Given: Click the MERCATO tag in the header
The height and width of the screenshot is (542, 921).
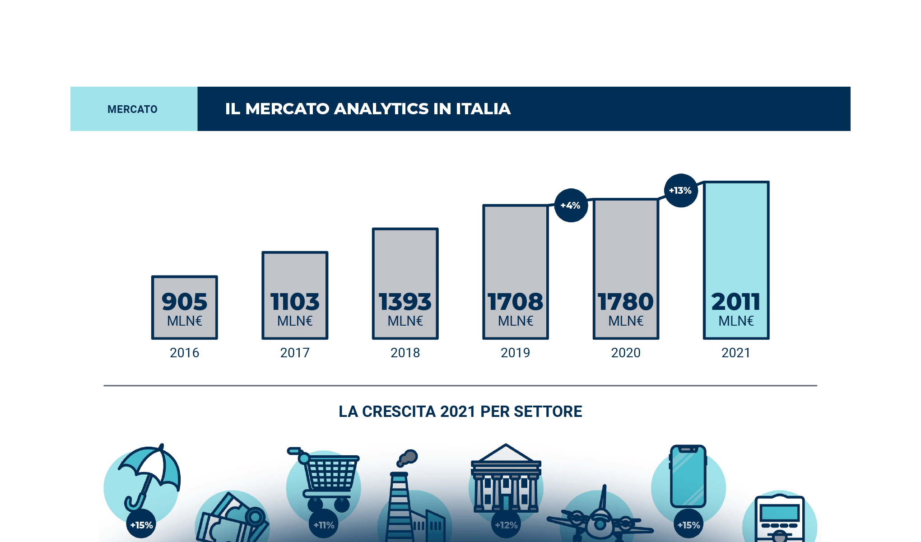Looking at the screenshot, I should click(133, 109).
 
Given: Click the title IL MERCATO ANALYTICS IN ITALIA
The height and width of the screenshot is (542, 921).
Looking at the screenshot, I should click(367, 109).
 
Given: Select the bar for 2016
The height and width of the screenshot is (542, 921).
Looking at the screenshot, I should click(184, 307).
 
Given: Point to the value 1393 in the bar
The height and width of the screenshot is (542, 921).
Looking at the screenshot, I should click(405, 302).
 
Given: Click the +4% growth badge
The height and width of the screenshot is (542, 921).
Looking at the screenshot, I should click(571, 206).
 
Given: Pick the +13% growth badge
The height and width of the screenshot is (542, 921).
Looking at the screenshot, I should click(680, 191).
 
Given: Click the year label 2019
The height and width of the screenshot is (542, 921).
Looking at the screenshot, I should click(515, 353).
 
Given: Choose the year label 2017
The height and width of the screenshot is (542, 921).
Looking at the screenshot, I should click(295, 353).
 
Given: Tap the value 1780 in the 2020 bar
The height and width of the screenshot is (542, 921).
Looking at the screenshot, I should click(626, 302).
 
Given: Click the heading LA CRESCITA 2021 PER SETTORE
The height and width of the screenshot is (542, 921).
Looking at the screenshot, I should click(460, 411).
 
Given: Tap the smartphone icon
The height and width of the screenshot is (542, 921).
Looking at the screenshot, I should click(688, 477).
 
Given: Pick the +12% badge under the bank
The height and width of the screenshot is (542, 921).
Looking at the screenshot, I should click(506, 525).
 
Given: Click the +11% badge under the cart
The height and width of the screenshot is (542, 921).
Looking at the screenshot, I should click(324, 525).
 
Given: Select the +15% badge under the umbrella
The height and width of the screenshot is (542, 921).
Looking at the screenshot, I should click(141, 525).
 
